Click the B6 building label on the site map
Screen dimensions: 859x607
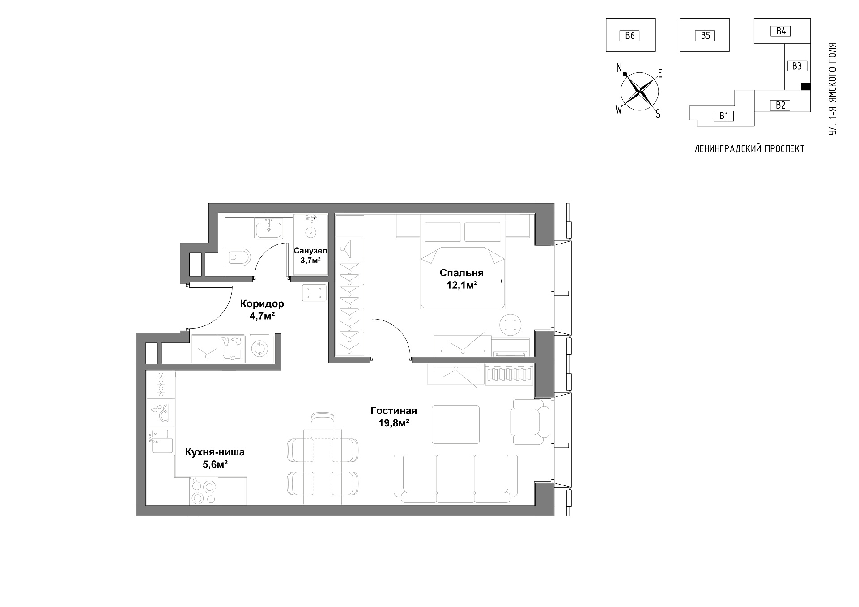click(630, 35)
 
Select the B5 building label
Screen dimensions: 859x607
click(706, 35)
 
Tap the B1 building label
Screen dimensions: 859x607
click(724, 116)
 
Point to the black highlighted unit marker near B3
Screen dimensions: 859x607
click(805, 86)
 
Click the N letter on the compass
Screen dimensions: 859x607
click(620, 68)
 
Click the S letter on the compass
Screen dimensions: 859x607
click(658, 114)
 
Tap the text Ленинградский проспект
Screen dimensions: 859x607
click(749, 149)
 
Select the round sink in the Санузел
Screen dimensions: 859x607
click(310, 232)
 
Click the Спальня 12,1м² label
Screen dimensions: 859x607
click(462, 278)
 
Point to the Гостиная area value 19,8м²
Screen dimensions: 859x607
click(394, 422)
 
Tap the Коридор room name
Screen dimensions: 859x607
click(262, 304)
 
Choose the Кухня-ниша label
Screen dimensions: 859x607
click(215, 452)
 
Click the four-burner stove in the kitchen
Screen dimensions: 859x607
click(204, 491)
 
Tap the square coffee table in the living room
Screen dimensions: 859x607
click(455, 425)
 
